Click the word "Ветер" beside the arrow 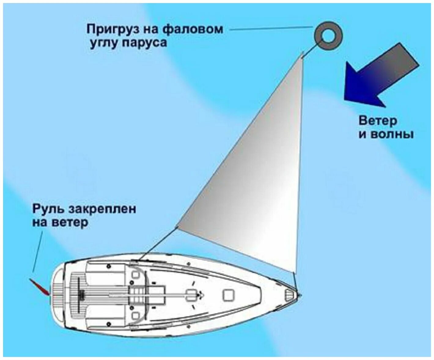[x=378, y=120]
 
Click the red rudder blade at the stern [x=39, y=287]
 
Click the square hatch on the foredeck [x=229, y=295]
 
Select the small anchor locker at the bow [x=289, y=295]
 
